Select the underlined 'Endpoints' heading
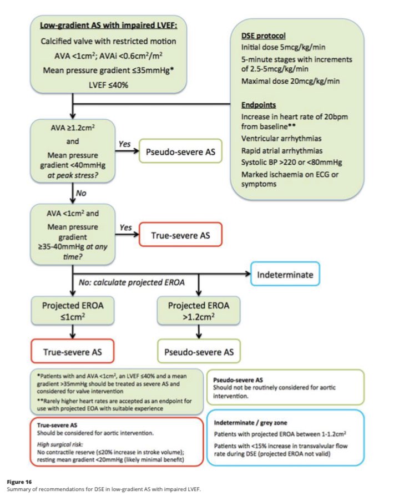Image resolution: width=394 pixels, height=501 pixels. point(260,105)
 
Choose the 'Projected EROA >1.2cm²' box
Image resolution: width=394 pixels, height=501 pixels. point(199,311)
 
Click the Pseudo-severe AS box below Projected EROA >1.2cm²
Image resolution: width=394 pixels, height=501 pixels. point(199,351)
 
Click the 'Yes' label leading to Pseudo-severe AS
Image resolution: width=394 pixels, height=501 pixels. point(124,144)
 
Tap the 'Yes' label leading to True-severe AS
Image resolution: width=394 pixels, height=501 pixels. point(125,227)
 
